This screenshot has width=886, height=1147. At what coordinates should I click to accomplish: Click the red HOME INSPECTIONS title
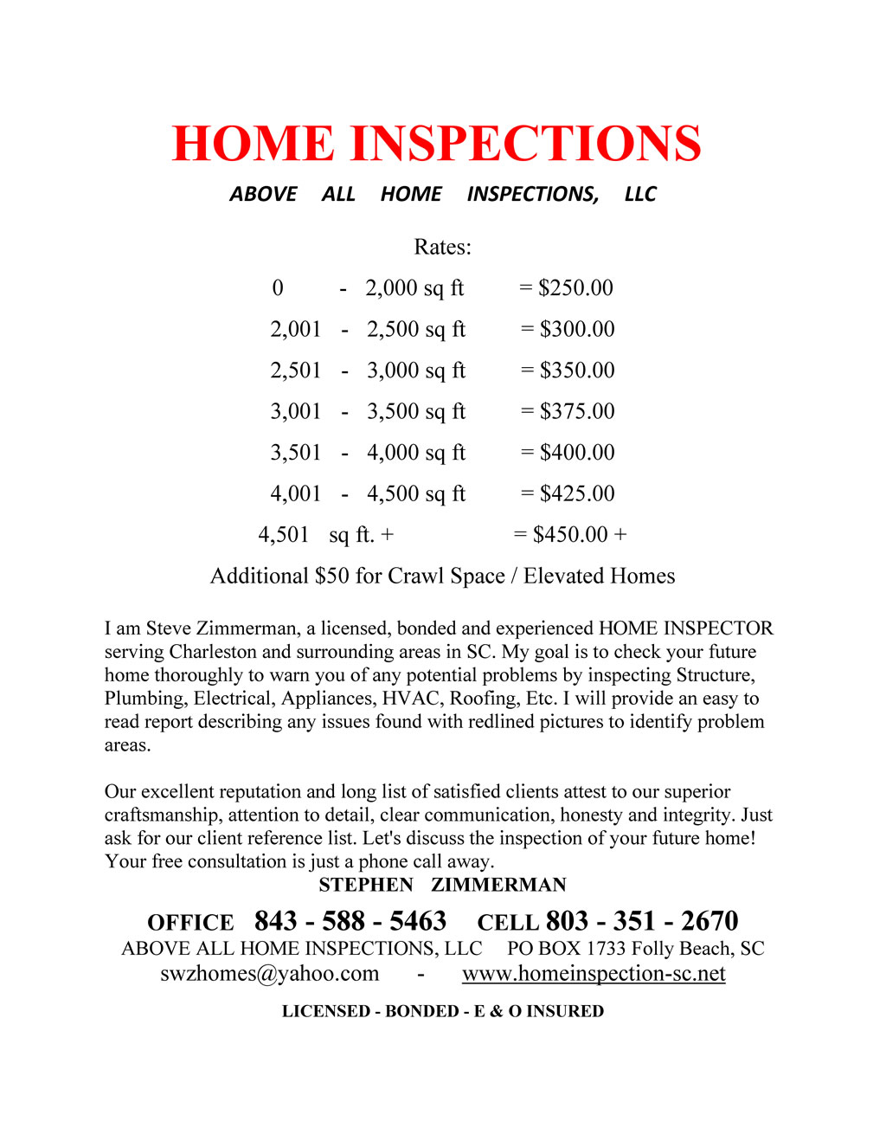436,144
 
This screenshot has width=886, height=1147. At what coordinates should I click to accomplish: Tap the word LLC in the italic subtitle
640,194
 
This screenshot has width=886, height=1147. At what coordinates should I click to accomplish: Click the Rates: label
442,247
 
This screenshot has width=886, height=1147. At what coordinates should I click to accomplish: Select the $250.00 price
575,287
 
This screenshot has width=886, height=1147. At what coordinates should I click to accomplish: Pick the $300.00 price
577,329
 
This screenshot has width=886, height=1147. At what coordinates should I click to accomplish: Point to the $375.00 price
577,411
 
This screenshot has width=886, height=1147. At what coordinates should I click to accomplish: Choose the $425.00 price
577,493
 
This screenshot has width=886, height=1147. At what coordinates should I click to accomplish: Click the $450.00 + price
579,534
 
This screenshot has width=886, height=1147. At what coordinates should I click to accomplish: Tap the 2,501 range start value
295,371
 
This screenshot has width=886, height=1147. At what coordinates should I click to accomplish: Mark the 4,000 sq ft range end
415,453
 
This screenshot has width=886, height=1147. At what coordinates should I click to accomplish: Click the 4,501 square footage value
283,534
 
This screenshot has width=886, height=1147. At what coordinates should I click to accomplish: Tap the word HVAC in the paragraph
411,699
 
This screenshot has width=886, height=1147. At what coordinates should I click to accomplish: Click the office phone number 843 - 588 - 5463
350,921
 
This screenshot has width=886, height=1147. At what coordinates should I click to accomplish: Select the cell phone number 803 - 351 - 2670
642,921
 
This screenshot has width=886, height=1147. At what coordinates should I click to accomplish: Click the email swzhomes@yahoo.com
270,973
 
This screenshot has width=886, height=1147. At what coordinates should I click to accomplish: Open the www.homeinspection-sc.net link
594,973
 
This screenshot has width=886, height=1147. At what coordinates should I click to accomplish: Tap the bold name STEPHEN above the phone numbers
366,885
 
